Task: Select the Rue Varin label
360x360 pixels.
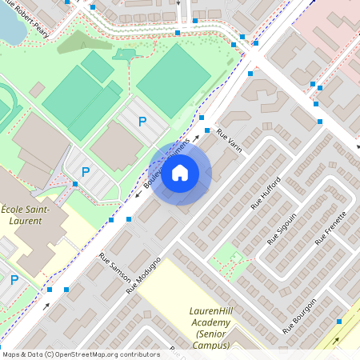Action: click(x=228, y=142)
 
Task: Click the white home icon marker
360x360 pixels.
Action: click(x=180, y=173)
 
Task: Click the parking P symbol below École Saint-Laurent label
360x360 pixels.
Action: click(x=14, y=280)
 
